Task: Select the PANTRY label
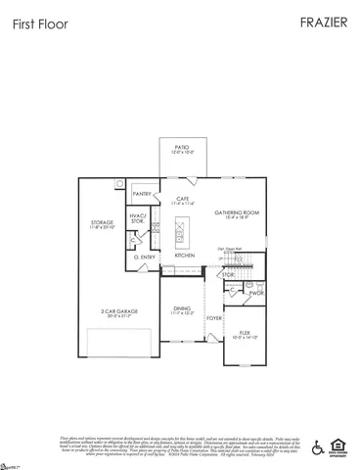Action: pos(142,195)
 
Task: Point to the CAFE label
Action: pos(183,199)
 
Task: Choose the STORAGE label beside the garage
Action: pos(103,224)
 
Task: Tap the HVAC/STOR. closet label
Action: pos(138,219)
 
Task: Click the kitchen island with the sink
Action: pos(180,233)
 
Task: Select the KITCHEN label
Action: pos(185,256)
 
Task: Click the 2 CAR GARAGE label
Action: pos(118,311)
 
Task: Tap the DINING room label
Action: pos(182,309)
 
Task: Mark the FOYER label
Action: pos(213,318)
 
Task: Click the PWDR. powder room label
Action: pos(257,293)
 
